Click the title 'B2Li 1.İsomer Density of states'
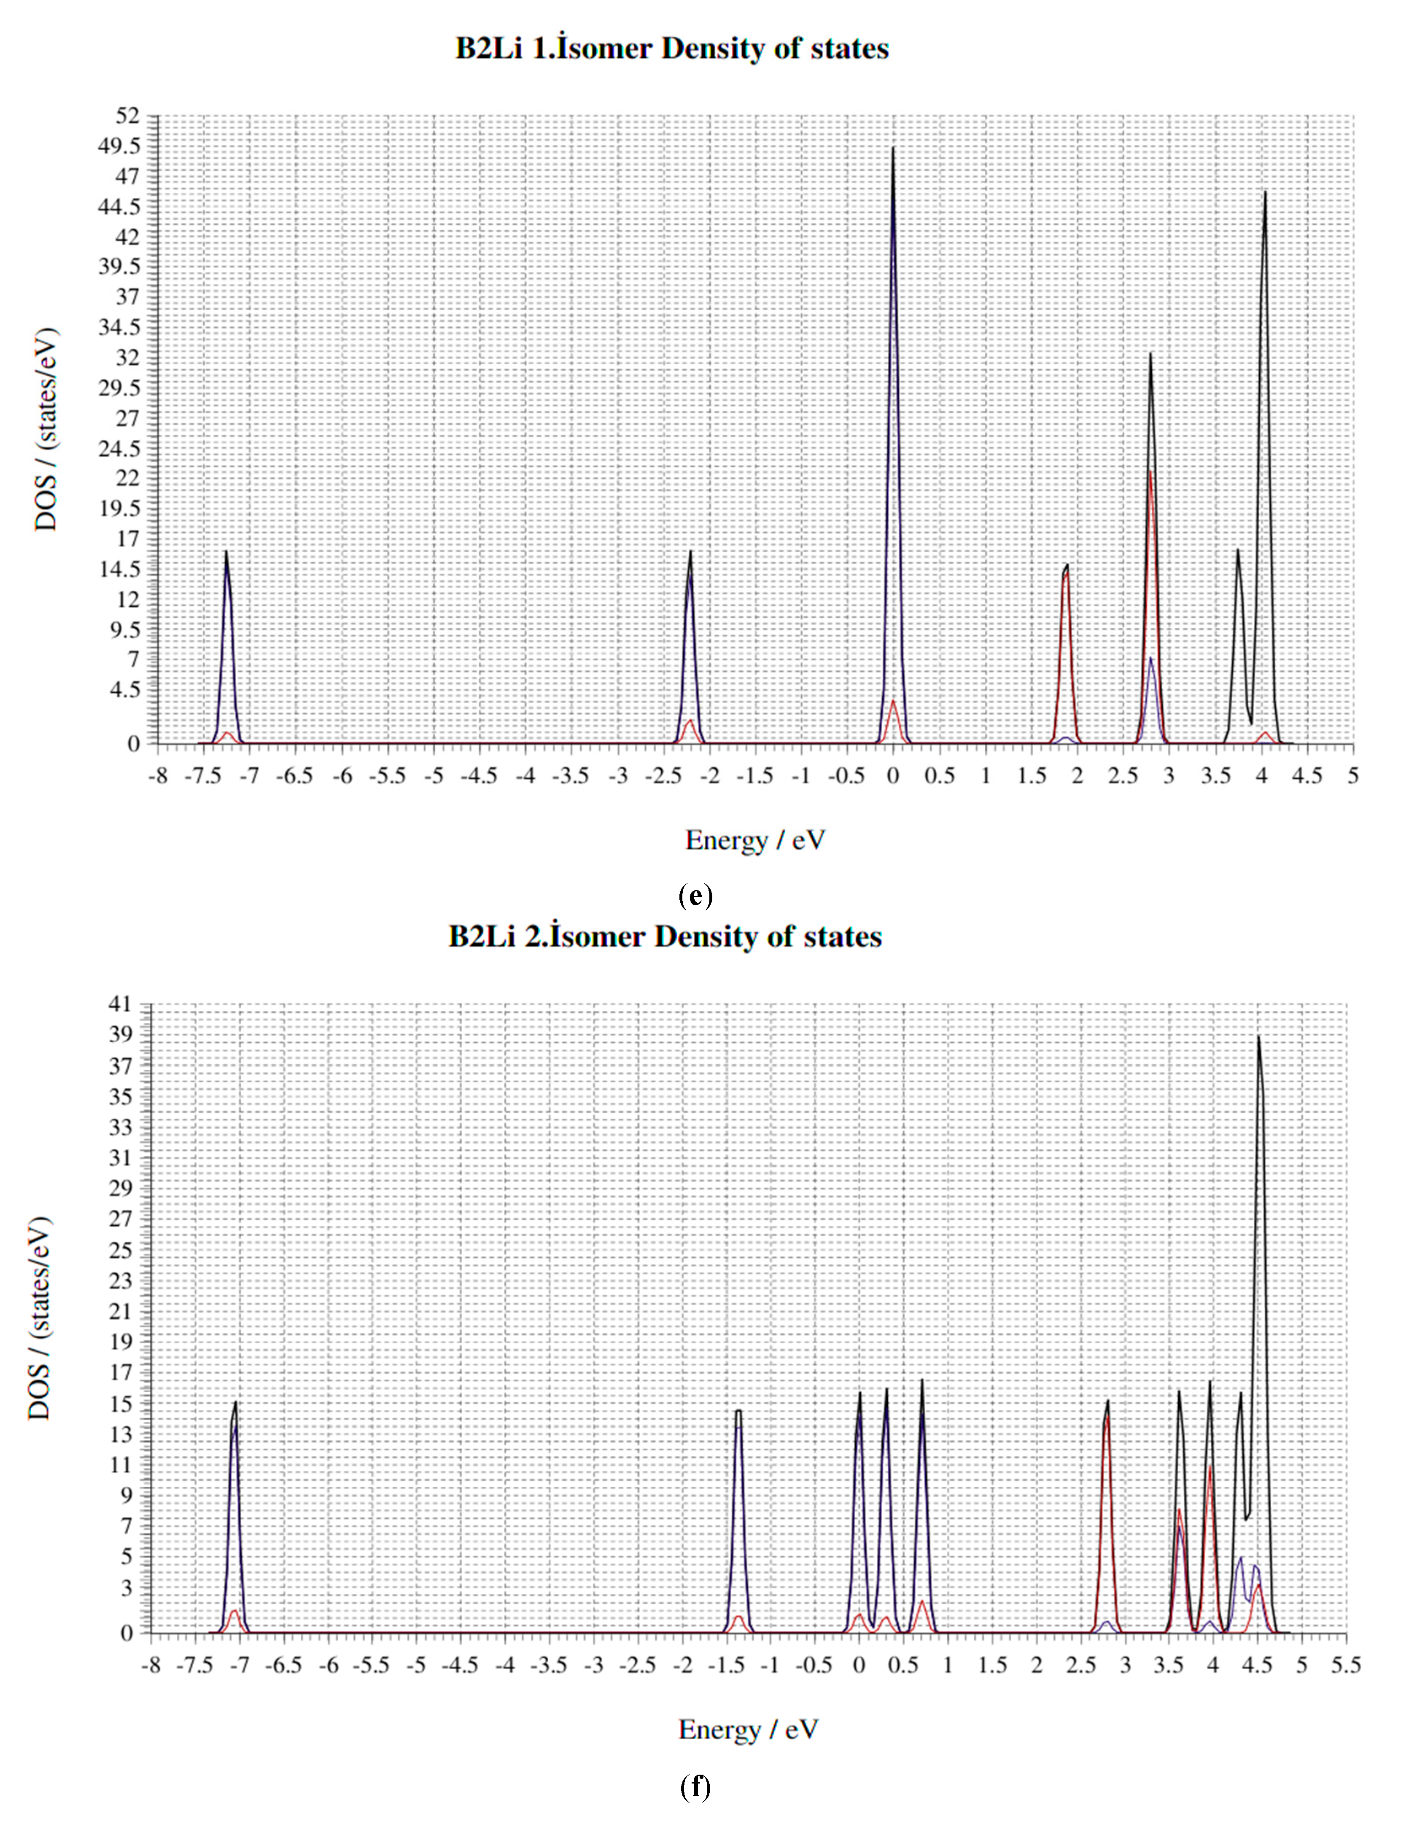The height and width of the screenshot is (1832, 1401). pos(672,48)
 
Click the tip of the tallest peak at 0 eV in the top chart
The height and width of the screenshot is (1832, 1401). pos(893,148)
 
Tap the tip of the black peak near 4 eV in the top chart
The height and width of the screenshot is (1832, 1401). pos(1265,193)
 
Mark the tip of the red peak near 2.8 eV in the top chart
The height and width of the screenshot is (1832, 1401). pos(1151,472)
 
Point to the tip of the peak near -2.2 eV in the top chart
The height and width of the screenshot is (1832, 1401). pos(690,551)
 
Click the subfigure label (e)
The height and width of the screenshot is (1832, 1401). pos(695,897)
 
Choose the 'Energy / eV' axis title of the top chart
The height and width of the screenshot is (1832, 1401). pos(755,840)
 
